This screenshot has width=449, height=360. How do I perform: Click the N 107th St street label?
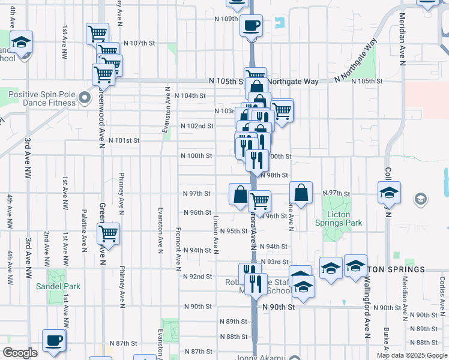tap(139, 43)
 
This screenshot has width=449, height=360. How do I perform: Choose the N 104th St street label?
tap(190, 95)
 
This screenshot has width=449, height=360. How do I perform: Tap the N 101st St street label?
tap(124, 140)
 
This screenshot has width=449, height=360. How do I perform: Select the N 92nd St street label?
tap(197, 277)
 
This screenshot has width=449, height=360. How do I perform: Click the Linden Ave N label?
tap(215, 234)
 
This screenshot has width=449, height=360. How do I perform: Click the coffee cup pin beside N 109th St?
tap(251, 26)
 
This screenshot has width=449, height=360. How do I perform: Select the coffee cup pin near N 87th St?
tap(54, 340)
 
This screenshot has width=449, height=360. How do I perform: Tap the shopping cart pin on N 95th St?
tap(108, 233)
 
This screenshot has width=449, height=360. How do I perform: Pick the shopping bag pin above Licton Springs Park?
tap(301, 193)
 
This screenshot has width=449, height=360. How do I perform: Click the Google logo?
tap(20, 353)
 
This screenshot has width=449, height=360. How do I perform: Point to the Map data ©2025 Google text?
tap(411, 355)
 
